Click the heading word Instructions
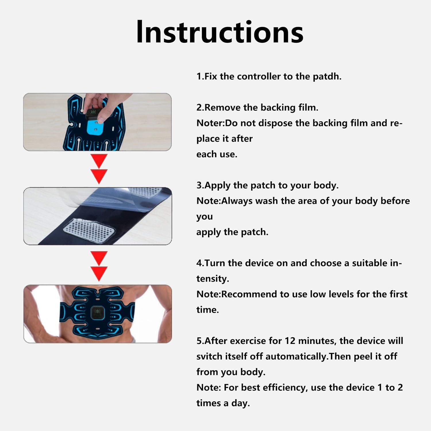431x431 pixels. (220, 32)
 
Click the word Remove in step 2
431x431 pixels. (222, 107)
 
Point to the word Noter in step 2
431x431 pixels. (209, 123)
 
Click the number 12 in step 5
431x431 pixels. (290, 341)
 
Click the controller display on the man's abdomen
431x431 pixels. (97, 313)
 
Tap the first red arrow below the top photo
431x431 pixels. (99, 161)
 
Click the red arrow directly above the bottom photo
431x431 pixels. (99, 273)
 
